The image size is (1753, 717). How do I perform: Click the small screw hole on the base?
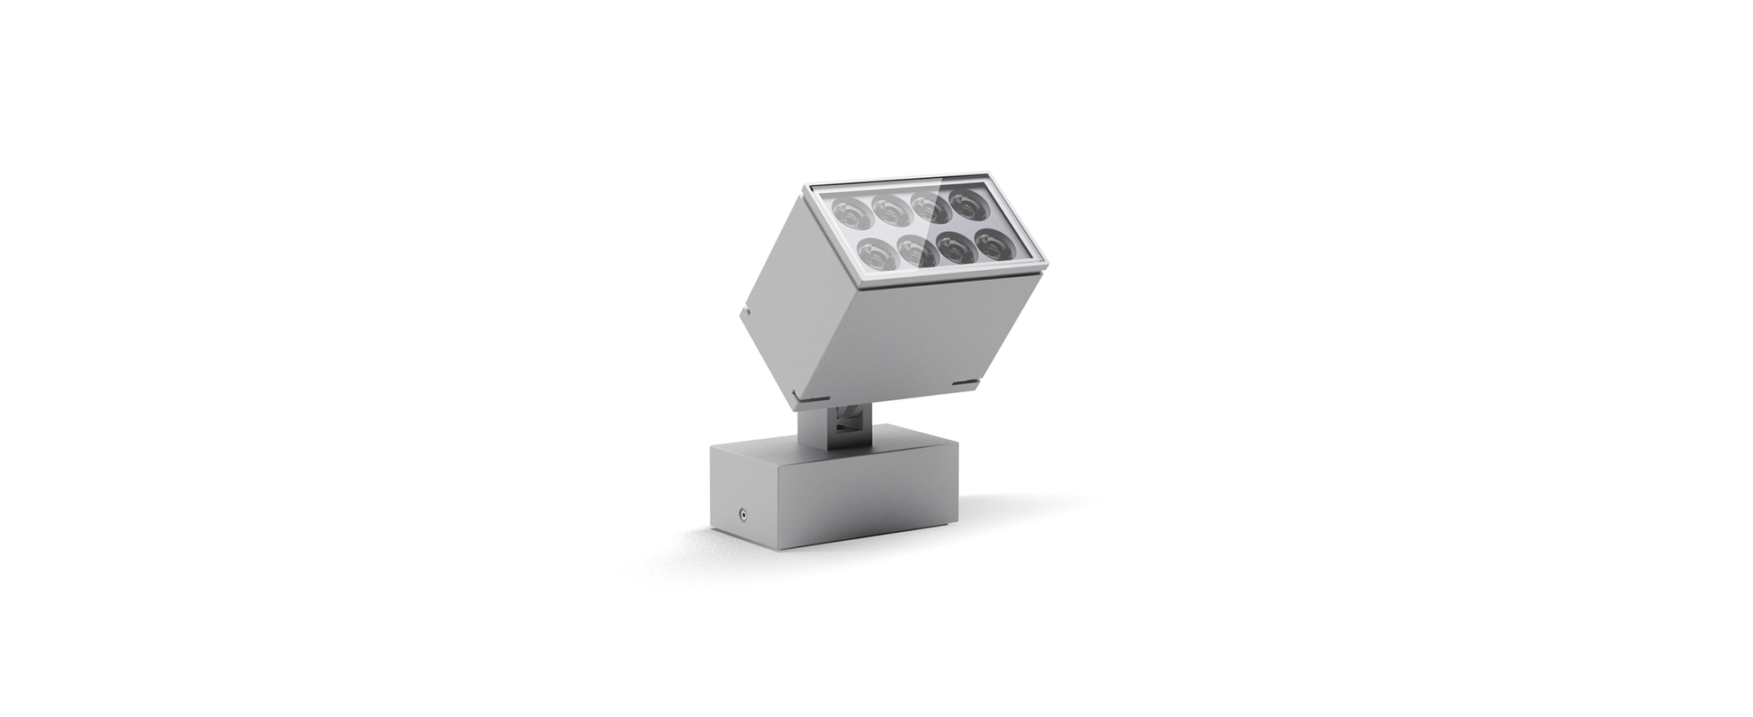click(742, 513)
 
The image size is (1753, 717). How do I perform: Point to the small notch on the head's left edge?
click(742, 311)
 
